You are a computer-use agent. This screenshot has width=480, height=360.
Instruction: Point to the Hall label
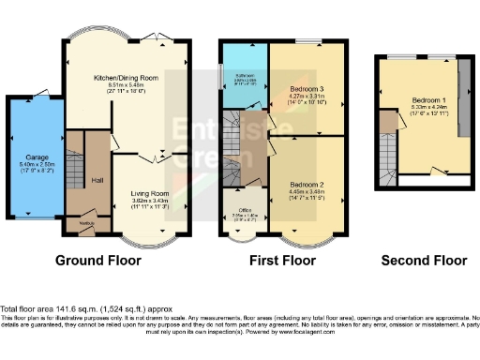97,179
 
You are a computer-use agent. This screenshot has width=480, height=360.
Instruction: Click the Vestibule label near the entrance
85,222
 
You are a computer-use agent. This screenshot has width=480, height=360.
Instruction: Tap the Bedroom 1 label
428,100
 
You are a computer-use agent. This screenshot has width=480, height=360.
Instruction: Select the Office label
244,208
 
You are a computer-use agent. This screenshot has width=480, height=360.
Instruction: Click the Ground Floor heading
104,260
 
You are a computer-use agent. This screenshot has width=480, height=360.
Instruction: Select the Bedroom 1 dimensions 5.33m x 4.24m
428,108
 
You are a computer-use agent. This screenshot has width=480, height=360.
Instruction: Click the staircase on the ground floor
75,159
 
